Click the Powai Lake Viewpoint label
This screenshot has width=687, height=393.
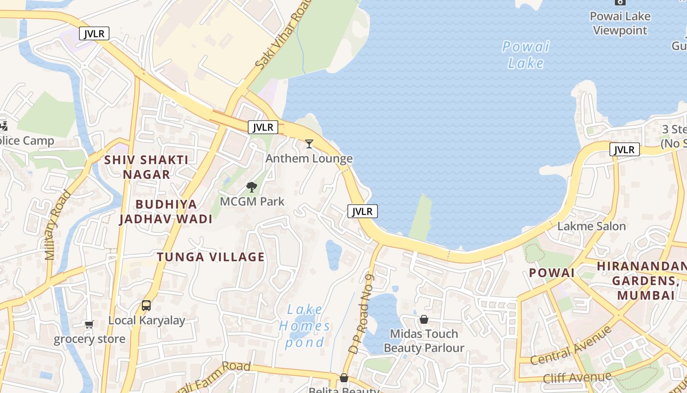point(620,23)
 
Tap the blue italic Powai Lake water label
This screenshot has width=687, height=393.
point(526,55)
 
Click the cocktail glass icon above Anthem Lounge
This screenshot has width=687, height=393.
point(309,143)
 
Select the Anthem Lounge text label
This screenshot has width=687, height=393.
point(309,158)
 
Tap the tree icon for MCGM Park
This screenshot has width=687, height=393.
point(252,187)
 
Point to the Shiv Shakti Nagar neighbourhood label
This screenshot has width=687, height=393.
point(146,167)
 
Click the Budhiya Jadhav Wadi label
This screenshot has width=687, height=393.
point(166,211)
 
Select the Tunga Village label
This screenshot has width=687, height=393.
point(211,256)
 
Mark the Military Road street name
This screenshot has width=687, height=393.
point(57,225)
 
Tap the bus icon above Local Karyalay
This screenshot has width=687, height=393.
point(146,306)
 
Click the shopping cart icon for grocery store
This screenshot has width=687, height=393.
point(89,324)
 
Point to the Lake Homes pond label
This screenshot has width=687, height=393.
point(305,326)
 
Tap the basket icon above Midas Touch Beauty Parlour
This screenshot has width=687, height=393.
point(424,319)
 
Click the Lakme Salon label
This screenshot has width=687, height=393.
point(591,226)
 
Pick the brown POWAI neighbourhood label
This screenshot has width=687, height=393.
point(552,273)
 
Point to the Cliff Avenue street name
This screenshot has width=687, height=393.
point(578,377)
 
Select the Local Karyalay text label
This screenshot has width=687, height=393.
point(147,320)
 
